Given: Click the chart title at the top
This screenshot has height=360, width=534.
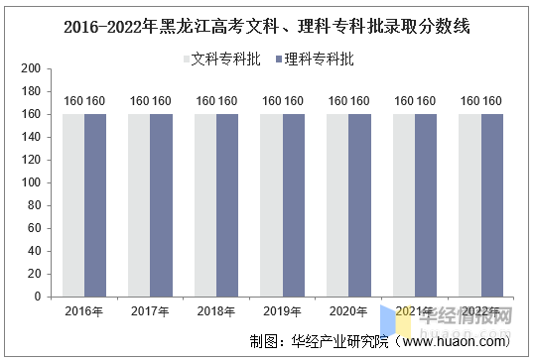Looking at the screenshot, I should pyautogui.click(x=266, y=27).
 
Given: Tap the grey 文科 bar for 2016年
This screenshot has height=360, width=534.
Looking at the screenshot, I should pyautogui.click(x=72, y=205).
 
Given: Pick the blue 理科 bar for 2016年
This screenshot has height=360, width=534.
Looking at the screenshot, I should pyautogui.click(x=95, y=205).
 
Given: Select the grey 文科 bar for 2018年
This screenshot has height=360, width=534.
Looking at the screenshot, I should pyautogui.click(x=205, y=205).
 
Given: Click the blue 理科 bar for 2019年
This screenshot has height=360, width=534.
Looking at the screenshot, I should pyautogui.click(x=294, y=205).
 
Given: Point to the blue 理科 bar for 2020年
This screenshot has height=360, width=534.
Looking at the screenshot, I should pyautogui.click(x=360, y=205).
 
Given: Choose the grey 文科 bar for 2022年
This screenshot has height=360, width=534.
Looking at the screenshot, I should pyautogui.click(x=469, y=205).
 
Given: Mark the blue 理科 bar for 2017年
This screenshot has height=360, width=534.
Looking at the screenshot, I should pyautogui.click(x=161, y=205).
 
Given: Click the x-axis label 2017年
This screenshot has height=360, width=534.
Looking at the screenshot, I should pyautogui.click(x=150, y=311).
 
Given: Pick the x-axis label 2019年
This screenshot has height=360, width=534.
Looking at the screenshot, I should pyautogui.click(x=283, y=311).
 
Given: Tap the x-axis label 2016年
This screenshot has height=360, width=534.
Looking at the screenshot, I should pyautogui.click(x=83, y=311).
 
